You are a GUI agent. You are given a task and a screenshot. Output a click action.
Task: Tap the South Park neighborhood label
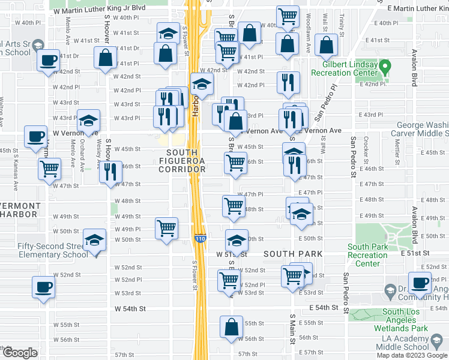pos(293,254)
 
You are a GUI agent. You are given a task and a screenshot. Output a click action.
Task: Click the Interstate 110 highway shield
pos(200,238)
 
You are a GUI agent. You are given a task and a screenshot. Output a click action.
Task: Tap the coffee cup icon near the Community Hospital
pos(420,282)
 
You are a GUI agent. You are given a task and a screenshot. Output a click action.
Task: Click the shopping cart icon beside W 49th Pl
pos(166,227)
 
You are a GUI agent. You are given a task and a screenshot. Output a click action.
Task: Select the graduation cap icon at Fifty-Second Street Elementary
pos(94,241)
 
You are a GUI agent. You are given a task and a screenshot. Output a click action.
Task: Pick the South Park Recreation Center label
pos(367,255)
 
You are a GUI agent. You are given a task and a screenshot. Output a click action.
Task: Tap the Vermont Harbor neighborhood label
pos(21,210)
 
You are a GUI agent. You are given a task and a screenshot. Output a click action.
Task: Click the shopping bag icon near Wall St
pos(325,44)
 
